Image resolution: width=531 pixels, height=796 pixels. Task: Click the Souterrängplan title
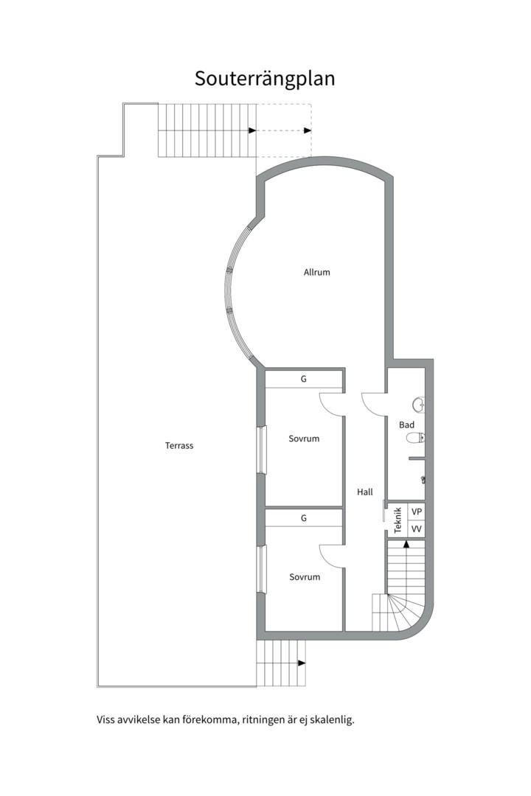pyautogui.click(x=265, y=79)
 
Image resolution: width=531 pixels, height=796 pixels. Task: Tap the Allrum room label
pyautogui.click(x=316, y=272)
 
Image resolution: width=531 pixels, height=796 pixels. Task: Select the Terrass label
pyautogui.click(x=179, y=445)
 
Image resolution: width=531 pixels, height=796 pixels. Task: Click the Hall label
pyautogui.click(x=364, y=492)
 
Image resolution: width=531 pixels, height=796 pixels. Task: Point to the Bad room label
pyautogui.click(x=406, y=425)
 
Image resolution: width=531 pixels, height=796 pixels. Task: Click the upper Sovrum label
pyautogui.click(x=304, y=439)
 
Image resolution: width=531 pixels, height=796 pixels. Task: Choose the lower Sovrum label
pyautogui.click(x=304, y=576)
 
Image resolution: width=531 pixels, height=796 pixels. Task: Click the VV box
pyautogui.click(x=417, y=529)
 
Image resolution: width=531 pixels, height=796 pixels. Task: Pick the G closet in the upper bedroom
pyautogui.click(x=303, y=379)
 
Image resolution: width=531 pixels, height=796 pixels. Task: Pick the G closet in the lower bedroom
pyautogui.click(x=303, y=518)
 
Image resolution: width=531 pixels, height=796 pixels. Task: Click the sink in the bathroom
pyautogui.click(x=418, y=403)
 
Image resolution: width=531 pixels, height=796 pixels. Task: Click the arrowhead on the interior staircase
pyautogui.click(x=406, y=545)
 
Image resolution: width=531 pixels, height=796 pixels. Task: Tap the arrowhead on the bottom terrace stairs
pyautogui.click(x=301, y=663)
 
